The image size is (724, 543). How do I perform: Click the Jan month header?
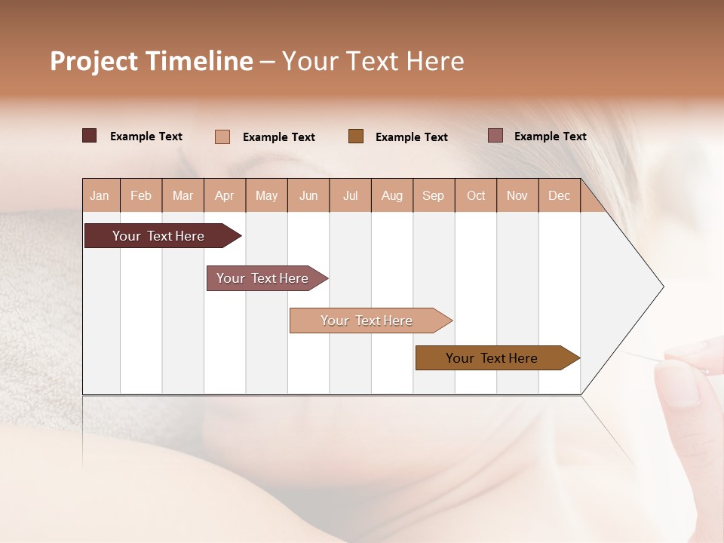(100, 195)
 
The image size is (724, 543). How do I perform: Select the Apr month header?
(225, 195)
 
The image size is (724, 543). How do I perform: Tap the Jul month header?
(350, 195)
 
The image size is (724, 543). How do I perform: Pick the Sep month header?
(433, 195)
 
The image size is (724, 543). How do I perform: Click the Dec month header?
(559, 195)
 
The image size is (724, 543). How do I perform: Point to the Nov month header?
(517, 195)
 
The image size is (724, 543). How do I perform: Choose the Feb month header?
(141, 195)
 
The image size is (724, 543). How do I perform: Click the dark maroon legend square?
(89, 136)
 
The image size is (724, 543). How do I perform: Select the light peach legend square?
(222, 137)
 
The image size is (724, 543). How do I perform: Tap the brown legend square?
(356, 136)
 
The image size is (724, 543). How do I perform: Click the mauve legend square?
(495, 136)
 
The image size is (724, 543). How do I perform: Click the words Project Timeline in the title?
(151, 61)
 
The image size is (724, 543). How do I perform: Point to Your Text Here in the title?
(373, 61)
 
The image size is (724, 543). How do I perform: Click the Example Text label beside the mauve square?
(550, 137)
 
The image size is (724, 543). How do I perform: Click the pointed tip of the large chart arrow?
(662, 287)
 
